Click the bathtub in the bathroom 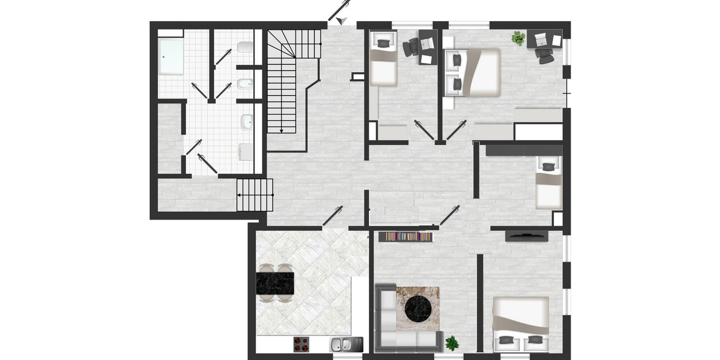click(172, 56)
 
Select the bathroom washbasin click(246, 122)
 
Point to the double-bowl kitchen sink click(343, 344)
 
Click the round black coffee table click(418, 308)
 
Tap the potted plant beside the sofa click(451, 343)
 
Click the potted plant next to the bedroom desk click(518, 39)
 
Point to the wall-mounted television click(526, 236)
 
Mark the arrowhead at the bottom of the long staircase click(281, 131)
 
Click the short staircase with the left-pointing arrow click(255, 195)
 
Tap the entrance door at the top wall click(340, 13)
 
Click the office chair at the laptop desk click(545, 55)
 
